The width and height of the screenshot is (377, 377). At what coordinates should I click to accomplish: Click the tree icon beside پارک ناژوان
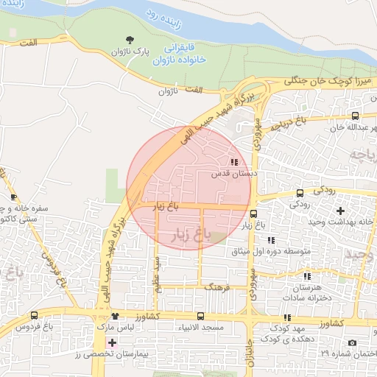(x=130, y=40)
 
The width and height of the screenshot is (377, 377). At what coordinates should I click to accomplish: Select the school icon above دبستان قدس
(x=234, y=163)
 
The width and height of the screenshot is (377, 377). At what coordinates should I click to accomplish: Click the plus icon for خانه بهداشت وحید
(x=339, y=211)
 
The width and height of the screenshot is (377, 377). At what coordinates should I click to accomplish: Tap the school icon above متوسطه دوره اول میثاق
(x=271, y=240)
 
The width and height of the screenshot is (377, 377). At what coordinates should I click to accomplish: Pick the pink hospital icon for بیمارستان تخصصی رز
(x=112, y=343)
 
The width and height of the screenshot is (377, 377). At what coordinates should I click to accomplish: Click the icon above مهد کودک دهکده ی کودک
(x=287, y=317)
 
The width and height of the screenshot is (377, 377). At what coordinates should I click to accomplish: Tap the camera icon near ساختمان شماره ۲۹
(x=351, y=343)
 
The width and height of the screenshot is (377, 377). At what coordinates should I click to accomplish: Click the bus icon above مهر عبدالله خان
(x=356, y=116)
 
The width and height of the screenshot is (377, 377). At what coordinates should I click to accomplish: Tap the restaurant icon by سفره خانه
(x=14, y=197)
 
